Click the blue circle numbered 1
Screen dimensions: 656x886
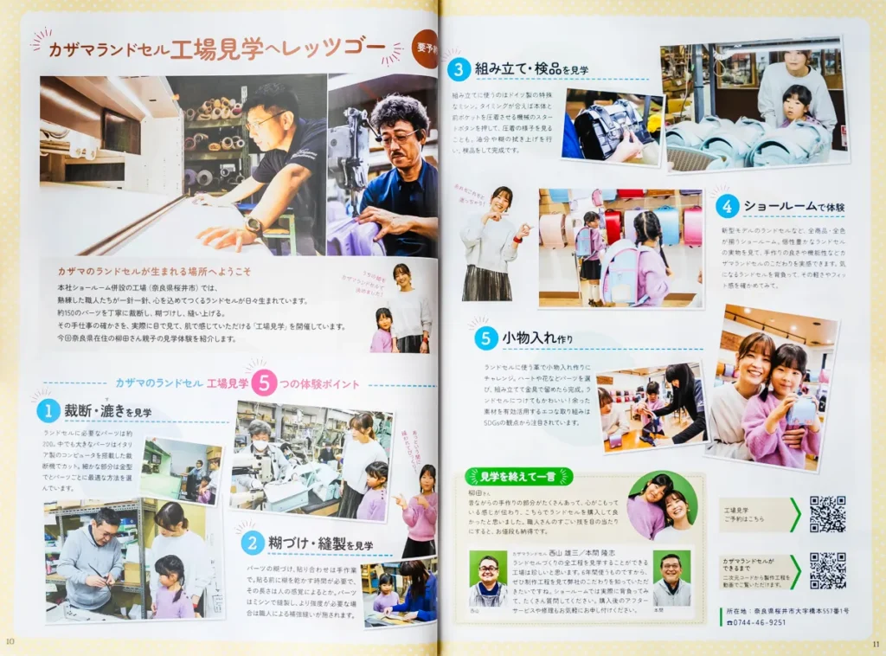pos(48,411)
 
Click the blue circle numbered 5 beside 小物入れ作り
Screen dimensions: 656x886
pos(486,338)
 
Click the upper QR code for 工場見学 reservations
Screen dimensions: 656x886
pos(827,514)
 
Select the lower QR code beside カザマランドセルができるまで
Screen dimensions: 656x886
pos(827,570)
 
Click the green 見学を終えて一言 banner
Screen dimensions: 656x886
pos(518,476)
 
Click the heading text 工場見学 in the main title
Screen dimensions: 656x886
pos(217,49)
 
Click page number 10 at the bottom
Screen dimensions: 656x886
pos(10,640)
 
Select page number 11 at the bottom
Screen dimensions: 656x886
pos(876,642)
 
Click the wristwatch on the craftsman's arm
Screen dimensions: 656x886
pos(254,227)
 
